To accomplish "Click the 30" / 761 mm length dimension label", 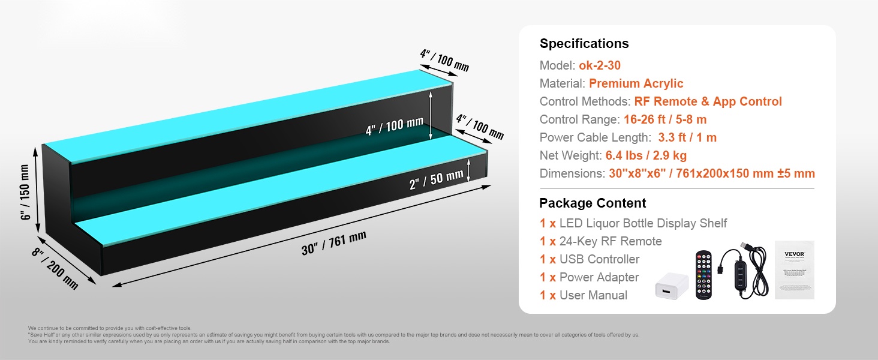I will tap(333, 242).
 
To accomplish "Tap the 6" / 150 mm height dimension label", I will tap(25, 191).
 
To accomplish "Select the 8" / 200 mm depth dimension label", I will tap(55, 268).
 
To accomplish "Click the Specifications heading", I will tap(584, 44).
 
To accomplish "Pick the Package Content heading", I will tap(593, 203).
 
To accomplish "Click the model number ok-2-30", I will tap(599, 65).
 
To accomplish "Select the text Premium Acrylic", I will tap(636, 83).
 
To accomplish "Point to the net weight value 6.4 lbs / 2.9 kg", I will tap(645, 155).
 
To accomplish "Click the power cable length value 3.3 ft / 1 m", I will tap(687, 137).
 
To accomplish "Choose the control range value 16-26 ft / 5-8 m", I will tap(665, 119).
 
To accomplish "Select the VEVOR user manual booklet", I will tap(794, 269).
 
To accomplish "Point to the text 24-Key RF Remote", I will tap(611, 241).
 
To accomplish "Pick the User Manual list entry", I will tap(593, 295).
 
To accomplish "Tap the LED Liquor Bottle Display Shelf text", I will tap(643, 223).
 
